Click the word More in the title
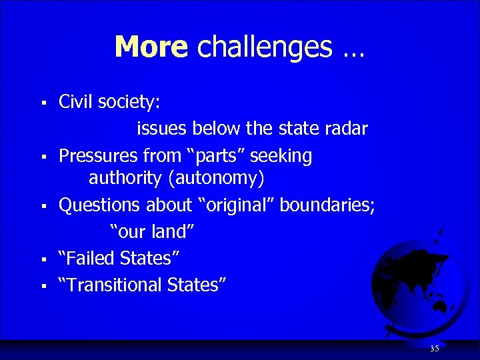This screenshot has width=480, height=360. coord(151,47)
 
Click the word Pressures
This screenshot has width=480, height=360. coord(99,156)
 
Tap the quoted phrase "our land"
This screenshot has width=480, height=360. coord(152,231)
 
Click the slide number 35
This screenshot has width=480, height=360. coord(435,348)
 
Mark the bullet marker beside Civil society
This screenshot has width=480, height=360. coord(42,103)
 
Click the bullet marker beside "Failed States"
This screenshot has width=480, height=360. coord(42,258)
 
